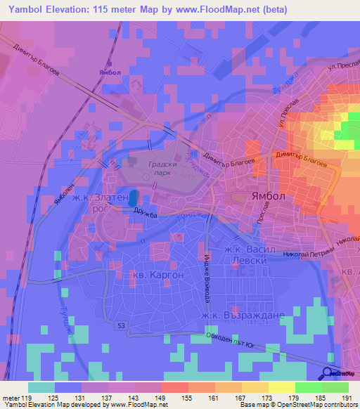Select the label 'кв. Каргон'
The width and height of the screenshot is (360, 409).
157,275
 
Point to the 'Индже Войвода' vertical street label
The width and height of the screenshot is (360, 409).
207,278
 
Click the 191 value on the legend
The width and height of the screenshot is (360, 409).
345,398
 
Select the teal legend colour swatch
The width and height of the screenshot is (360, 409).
41,387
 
